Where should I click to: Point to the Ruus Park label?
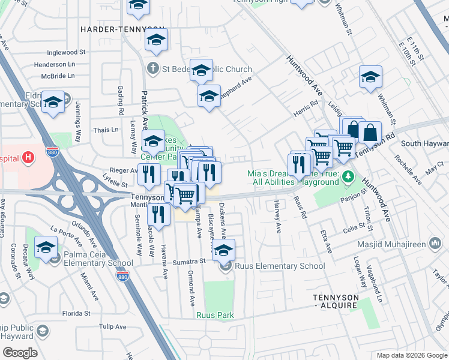click(x=214, y=315)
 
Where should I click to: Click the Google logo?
click(x=19, y=353)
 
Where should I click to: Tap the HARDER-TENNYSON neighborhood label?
click(x=122, y=29)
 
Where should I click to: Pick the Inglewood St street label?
click(x=70, y=53)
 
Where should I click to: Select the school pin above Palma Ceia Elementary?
click(x=46, y=247)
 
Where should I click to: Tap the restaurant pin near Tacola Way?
click(x=158, y=214)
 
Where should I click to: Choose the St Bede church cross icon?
click(x=153, y=68)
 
